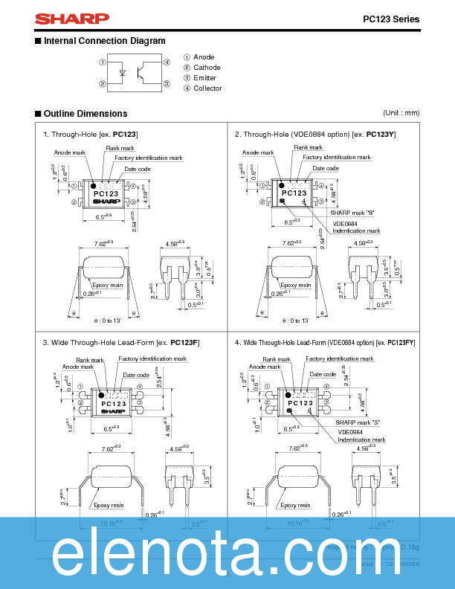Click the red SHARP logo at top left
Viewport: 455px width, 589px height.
[62, 19]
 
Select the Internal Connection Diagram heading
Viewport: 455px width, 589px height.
[104, 41]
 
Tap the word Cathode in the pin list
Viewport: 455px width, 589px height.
[207, 68]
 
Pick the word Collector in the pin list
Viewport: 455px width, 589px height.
[207, 88]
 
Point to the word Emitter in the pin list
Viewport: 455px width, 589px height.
[205, 78]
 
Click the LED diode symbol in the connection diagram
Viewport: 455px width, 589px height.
[123, 73]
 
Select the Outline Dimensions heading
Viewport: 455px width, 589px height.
[85, 114]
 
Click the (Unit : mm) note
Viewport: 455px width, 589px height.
[401, 113]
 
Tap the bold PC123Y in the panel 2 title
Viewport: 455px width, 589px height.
[381, 135]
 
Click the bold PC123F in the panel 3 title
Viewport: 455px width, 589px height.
[184, 342]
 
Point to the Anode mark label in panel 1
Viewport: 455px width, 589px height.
[70, 152]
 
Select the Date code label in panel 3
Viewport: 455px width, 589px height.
[136, 376]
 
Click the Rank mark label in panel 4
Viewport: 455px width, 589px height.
[277, 359]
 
